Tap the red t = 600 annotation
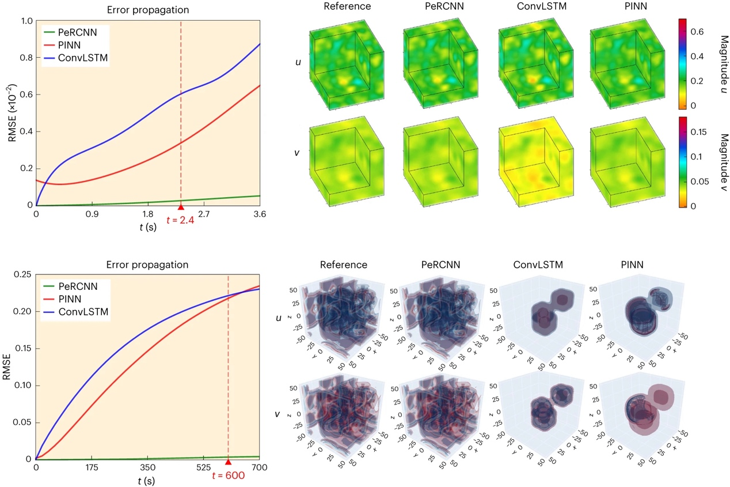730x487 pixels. (x=229, y=475)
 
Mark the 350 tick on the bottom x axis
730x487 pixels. (x=148, y=469)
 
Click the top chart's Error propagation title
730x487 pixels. (x=147, y=10)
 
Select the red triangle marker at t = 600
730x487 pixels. (x=228, y=462)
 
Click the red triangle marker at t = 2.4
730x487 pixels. (x=181, y=207)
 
